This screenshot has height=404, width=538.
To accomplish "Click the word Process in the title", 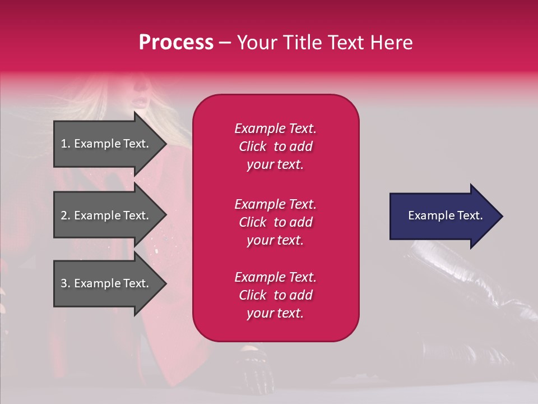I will point(176,43).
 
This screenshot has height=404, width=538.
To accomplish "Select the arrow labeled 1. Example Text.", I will point(106,144).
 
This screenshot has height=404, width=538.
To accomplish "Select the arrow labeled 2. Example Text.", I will point(106,215).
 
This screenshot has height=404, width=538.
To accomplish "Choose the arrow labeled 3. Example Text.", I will point(106,283).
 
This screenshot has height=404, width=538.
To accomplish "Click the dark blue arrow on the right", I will point(443,216).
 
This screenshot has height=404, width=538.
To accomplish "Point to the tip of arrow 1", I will point(165,144).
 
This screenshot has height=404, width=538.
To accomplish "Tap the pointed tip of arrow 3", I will point(165,283).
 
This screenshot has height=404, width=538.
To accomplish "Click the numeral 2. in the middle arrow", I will point(66,215).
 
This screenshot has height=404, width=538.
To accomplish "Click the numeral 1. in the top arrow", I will point(66,144).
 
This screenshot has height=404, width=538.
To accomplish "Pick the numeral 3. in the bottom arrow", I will point(66,283).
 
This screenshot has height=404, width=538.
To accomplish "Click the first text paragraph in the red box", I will point(275,146).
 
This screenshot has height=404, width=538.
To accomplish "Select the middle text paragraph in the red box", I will point(275,222).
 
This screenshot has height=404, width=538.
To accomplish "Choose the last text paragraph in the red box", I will point(275,295).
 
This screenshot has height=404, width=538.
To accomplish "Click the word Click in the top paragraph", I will point(253,146).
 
